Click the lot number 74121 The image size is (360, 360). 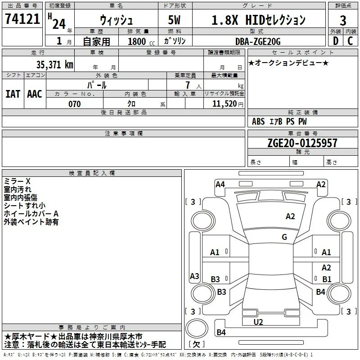coord(22,19)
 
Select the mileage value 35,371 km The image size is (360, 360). coord(55,65)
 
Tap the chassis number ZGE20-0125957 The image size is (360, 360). coord(302,143)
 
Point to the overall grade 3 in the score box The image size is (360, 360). coord(343,21)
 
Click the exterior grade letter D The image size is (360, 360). coord(335,41)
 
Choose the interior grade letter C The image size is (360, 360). coord(350,41)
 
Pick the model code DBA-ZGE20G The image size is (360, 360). coord(258,41)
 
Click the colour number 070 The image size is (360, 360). coord(75,104)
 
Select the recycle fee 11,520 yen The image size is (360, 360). coord(228,104)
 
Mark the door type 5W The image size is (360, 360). coord(174,20)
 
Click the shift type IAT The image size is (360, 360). coord(13,94)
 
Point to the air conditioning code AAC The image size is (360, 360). coord(35,94)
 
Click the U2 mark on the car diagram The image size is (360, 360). coord(258,322)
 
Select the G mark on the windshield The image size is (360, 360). coord(284,237)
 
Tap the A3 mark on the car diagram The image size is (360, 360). coord(194,276)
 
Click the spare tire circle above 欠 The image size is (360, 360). coord(197,328)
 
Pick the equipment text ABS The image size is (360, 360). coord(258,121)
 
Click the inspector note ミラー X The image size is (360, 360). coord(17,181)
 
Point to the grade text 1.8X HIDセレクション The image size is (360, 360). coord(258,20)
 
